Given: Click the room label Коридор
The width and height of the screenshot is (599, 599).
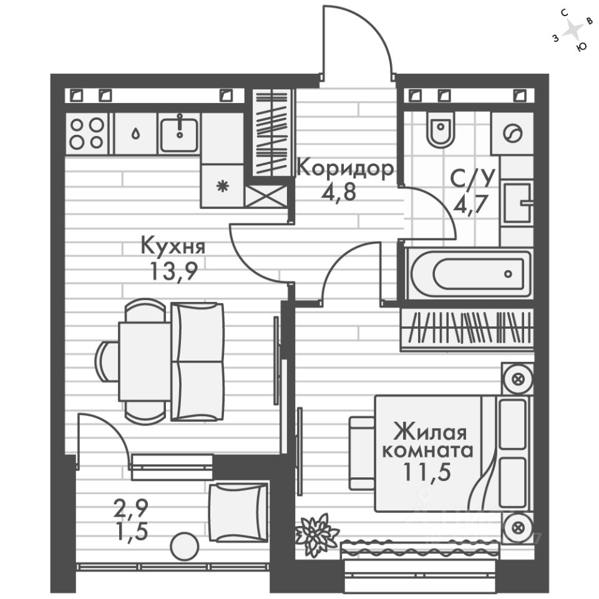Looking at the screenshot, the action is click(345, 168).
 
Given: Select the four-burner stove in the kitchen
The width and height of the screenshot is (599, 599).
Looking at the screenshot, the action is click(86, 133).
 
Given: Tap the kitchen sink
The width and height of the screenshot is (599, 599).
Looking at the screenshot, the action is click(180, 133).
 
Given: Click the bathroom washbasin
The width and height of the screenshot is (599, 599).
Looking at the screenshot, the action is click(517, 202).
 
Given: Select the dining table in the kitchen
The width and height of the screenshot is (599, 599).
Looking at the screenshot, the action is click(143, 361).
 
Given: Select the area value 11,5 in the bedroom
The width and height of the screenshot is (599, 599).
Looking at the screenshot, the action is click(427, 471).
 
